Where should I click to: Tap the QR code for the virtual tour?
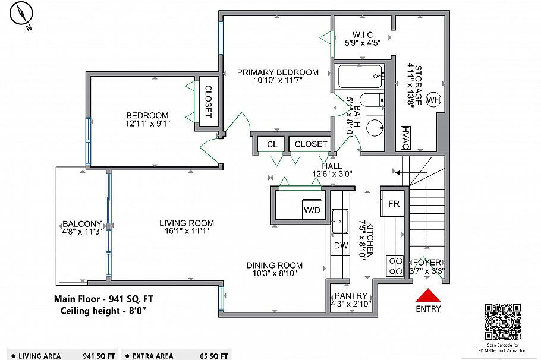pos(503,321)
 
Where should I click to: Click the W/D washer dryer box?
pos(312,210)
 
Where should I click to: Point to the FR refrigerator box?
pos(394,204)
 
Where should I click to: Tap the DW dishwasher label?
pos(340,245)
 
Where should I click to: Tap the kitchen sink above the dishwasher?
pos(340,221)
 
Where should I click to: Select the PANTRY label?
pos(351,296)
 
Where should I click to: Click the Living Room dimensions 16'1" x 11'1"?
pos(186,232)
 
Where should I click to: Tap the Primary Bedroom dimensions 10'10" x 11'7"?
pos(278,81)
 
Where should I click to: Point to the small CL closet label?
pos(272,144)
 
